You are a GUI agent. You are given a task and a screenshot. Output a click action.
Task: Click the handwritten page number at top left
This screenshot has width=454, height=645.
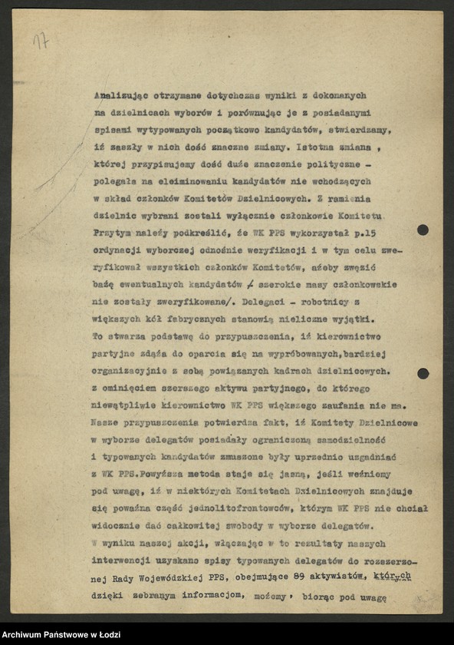40,41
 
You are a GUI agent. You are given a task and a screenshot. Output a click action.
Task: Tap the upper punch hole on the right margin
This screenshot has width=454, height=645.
423,230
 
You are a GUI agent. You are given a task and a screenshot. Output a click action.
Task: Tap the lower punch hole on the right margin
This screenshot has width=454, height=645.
423,373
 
